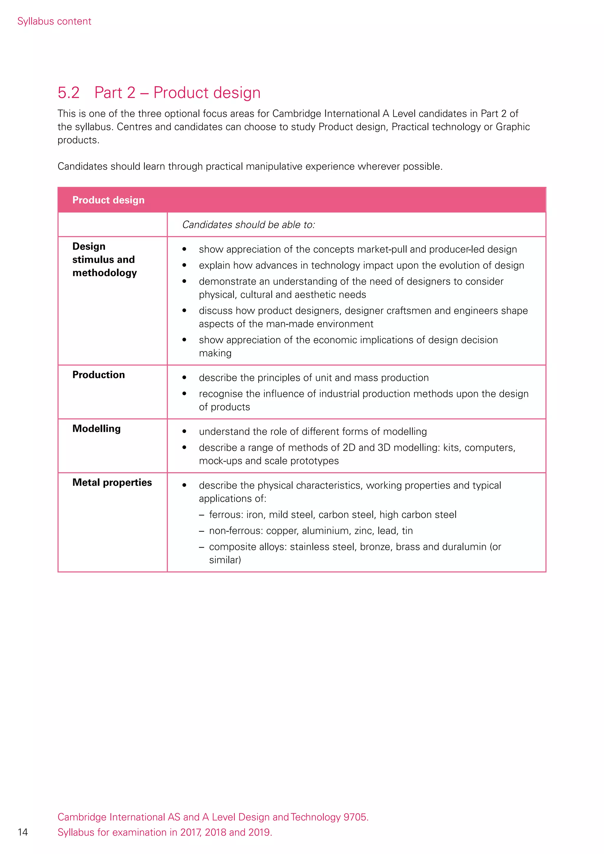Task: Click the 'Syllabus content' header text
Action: point(54,21)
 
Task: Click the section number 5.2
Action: point(68,93)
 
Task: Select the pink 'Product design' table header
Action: point(108,200)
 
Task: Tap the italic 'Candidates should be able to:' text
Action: point(248,225)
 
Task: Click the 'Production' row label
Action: point(99,375)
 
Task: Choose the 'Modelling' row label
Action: point(96,428)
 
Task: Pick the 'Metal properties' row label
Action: point(112,482)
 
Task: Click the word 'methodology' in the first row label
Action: point(104,273)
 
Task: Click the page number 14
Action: point(23,832)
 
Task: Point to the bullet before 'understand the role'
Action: point(184,431)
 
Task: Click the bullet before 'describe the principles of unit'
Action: point(184,377)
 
